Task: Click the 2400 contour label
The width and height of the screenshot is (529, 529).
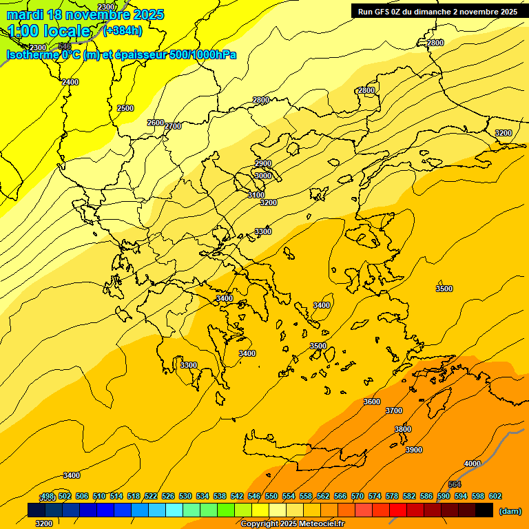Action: point(70,82)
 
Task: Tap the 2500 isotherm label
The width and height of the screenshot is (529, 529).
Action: point(125,108)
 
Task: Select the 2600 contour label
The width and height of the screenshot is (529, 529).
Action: point(156,123)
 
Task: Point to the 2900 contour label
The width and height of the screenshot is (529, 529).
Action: point(263,163)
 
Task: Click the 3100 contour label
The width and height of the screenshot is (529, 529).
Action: point(256,195)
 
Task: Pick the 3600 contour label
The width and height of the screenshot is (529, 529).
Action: point(372,402)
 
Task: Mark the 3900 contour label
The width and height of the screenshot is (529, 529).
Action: point(414,450)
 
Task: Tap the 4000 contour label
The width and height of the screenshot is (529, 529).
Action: point(473,464)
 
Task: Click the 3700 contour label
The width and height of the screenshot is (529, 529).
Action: point(394,411)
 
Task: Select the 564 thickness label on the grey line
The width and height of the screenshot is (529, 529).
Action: point(455,484)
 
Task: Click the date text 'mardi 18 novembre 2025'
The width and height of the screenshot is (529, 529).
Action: point(85,14)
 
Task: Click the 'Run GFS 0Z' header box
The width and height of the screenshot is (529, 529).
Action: point(437,11)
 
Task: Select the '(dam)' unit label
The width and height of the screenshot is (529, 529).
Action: point(510,510)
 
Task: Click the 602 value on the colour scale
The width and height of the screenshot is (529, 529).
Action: point(495,496)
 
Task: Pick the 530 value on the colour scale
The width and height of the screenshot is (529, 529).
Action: point(185,496)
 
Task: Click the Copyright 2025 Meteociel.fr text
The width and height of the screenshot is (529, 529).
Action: point(292,523)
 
